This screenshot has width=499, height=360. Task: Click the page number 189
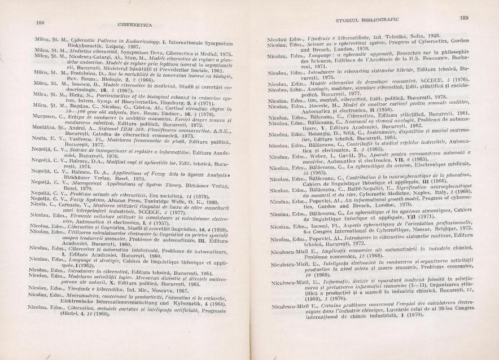click(x=464, y=18)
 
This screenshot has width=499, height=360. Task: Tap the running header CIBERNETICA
click(x=131, y=25)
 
